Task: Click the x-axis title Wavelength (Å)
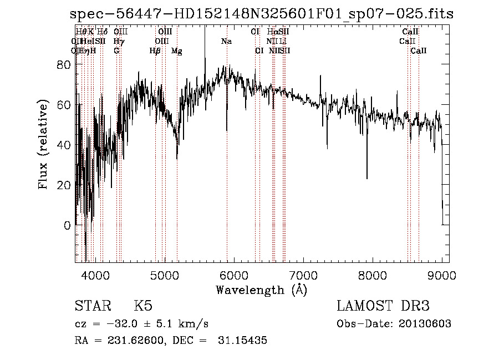coord(261,290)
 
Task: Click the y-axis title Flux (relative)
coord(43,145)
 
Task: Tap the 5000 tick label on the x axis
coord(165,275)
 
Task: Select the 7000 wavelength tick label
coord(303,275)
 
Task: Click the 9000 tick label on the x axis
coord(442,275)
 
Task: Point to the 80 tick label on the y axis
coord(64,65)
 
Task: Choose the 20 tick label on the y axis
coord(64,185)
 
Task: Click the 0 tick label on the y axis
coord(67,226)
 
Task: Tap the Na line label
coord(226,41)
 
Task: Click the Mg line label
coord(177,51)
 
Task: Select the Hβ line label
coord(155,51)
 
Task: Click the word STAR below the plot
coord(94,306)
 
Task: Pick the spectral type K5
coord(143,306)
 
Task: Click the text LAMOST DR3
coord(383,306)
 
